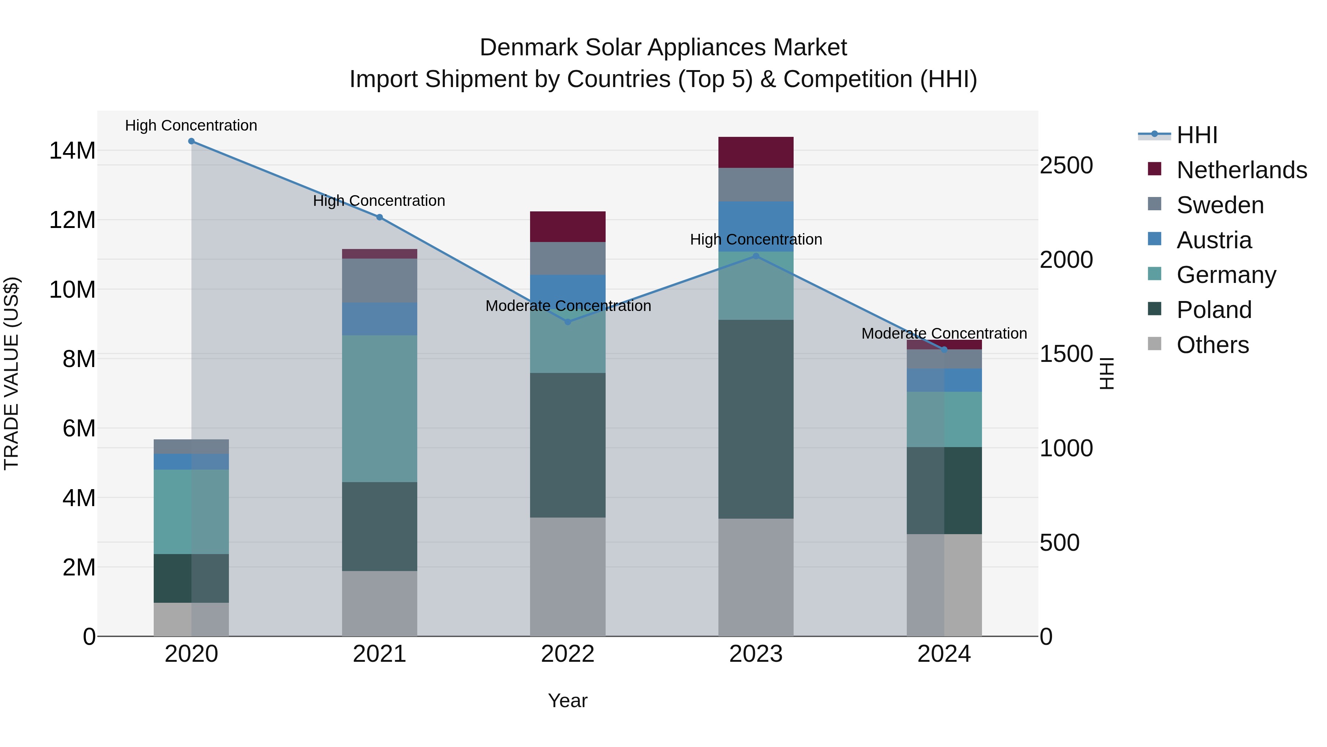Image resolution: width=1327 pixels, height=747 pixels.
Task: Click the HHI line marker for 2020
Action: [191, 141]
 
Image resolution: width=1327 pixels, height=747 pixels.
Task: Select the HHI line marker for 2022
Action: [568, 322]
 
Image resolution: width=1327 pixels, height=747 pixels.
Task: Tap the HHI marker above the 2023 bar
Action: [756, 256]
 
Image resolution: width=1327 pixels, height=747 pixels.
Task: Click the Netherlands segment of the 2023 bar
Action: [756, 153]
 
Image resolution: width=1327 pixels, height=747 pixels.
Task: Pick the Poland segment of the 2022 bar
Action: [568, 445]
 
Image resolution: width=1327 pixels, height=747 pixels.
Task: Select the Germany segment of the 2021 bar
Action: [379, 408]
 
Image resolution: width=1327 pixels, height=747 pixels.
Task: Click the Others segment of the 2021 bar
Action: [379, 603]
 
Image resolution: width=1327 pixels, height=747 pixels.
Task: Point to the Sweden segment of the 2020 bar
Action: [191, 446]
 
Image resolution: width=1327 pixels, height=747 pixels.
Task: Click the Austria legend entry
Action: [1214, 240]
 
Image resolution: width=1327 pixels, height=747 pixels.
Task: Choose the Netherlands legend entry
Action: [1241, 170]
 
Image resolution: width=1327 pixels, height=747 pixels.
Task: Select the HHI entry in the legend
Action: [1197, 135]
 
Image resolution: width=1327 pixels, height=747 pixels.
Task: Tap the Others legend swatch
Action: [1154, 344]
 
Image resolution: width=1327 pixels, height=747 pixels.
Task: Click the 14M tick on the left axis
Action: [72, 151]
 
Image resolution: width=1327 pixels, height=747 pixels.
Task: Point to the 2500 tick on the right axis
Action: [1066, 166]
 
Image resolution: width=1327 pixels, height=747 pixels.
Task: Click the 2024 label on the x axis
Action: [944, 654]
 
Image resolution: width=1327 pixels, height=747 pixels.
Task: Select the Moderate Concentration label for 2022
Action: [568, 306]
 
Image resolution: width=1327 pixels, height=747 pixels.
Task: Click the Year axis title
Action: [568, 701]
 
